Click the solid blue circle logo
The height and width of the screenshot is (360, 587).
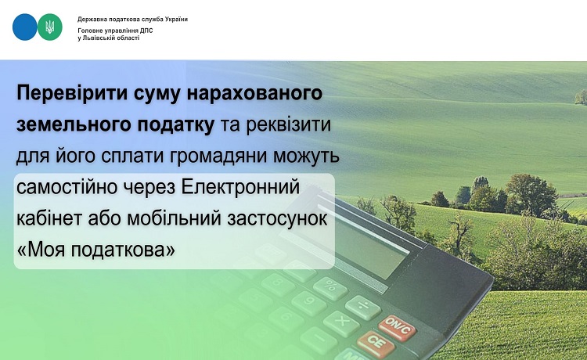(x=25, y=27)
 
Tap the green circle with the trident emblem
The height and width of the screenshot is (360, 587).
(x=50, y=27)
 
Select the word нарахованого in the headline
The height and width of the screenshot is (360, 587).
(x=254, y=93)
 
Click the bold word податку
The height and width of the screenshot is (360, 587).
(x=175, y=124)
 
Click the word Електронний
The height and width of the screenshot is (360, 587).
(x=241, y=187)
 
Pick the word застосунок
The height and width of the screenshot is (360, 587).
(x=277, y=218)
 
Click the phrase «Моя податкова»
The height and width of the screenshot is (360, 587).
(x=96, y=250)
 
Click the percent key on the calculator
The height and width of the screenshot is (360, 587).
(x=330, y=287)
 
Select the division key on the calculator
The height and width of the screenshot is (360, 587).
(x=362, y=307)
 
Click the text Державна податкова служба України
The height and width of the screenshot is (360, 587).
(x=132, y=19)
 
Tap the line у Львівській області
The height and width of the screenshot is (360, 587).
(x=109, y=38)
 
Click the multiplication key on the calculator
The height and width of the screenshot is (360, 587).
(x=341, y=322)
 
